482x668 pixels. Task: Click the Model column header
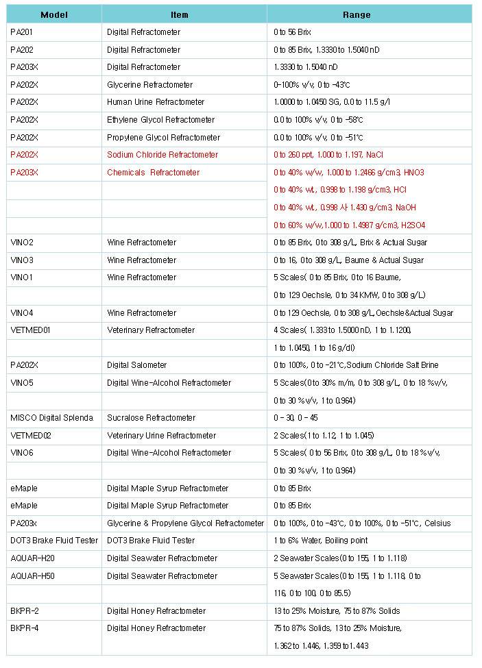[x=54, y=14]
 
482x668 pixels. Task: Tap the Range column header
[x=357, y=14]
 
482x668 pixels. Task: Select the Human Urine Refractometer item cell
[x=156, y=102]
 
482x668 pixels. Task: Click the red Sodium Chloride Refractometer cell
[x=162, y=155]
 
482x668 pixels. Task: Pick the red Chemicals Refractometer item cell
[x=154, y=173]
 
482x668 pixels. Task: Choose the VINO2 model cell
[x=22, y=243]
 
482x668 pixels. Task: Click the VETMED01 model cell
[x=31, y=330]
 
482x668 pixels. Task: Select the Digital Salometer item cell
[x=137, y=365]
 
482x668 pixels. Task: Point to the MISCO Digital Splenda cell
[x=51, y=418]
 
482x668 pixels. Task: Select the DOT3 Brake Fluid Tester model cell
[x=54, y=541]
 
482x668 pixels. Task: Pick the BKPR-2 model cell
[x=25, y=611]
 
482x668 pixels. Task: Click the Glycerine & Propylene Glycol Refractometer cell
[x=186, y=523]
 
